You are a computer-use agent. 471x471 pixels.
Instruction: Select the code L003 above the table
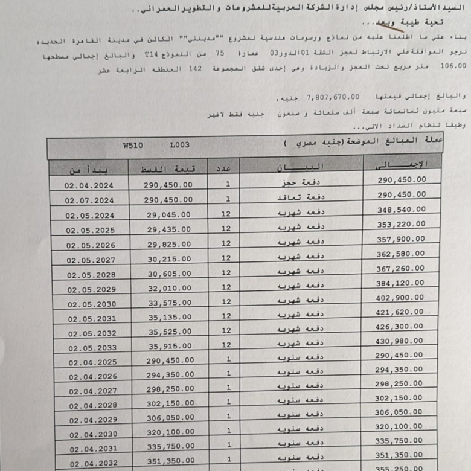point(179,146)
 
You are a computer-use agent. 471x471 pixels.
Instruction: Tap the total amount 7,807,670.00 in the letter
point(333,97)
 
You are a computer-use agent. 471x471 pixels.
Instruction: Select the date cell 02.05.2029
point(91,289)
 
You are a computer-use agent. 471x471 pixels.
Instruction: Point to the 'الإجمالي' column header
point(402,164)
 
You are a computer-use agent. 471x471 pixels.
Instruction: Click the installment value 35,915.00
point(169,347)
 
